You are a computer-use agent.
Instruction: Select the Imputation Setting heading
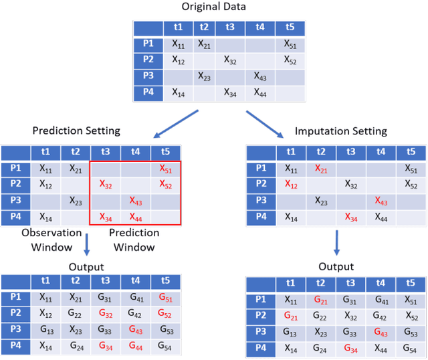coord(340,131)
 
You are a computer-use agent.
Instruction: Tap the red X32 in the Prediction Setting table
coord(106,184)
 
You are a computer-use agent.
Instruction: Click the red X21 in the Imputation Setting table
coord(322,169)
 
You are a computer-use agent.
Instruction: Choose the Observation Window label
coord(51,239)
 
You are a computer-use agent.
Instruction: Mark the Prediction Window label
coord(134,239)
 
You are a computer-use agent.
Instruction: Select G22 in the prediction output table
coord(76,314)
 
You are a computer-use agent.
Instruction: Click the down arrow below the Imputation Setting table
coord(336,241)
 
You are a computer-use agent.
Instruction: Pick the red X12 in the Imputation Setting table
coord(291,185)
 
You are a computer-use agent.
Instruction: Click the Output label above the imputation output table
coord(336,265)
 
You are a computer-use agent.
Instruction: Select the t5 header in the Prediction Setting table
coord(166,151)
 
